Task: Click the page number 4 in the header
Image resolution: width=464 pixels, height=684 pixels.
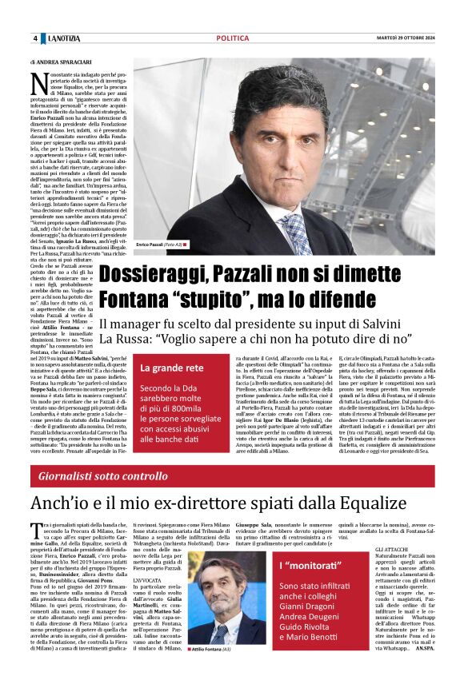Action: [x=35, y=38]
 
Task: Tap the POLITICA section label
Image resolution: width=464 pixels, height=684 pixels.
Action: [x=232, y=38]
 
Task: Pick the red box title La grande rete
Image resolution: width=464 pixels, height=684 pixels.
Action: [x=171, y=368]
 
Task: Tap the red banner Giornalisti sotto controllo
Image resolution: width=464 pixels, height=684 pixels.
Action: [x=101, y=477]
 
